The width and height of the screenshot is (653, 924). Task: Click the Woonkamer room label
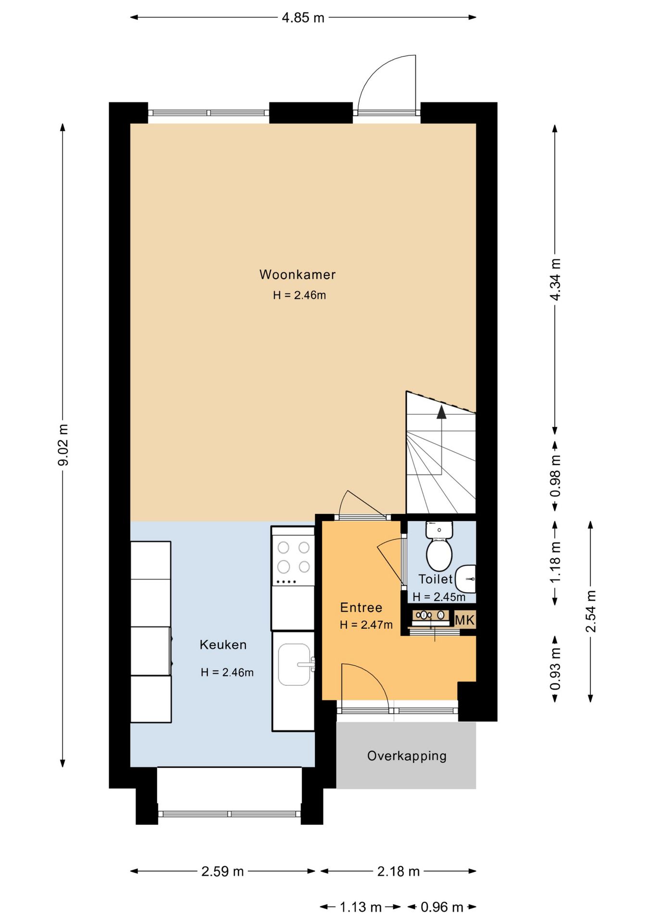point(297,275)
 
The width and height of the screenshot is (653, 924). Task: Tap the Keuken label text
point(223,645)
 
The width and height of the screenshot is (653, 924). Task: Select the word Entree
point(361,608)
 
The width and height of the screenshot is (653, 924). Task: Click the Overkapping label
point(407,756)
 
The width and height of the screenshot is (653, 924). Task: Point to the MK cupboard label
point(465,620)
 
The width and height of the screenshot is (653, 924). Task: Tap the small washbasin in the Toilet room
point(465,579)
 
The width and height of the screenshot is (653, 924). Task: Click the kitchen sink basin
point(294,665)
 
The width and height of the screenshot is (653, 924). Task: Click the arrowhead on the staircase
point(441,412)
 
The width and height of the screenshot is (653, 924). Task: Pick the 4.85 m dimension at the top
point(303,18)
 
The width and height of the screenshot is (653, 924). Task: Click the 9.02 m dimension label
point(63,445)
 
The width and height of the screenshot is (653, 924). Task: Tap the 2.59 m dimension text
point(223,872)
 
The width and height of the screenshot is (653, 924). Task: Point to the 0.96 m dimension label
point(442,907)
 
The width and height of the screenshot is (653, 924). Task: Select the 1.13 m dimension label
point(361,907)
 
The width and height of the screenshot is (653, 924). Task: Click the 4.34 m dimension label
point(555,280)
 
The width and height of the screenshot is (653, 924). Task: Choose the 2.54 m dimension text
point(591,611)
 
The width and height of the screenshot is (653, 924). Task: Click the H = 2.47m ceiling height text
point(366,625)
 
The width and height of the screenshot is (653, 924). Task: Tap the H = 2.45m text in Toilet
point(439,597)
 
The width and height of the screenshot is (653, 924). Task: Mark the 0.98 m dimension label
point(555,476)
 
